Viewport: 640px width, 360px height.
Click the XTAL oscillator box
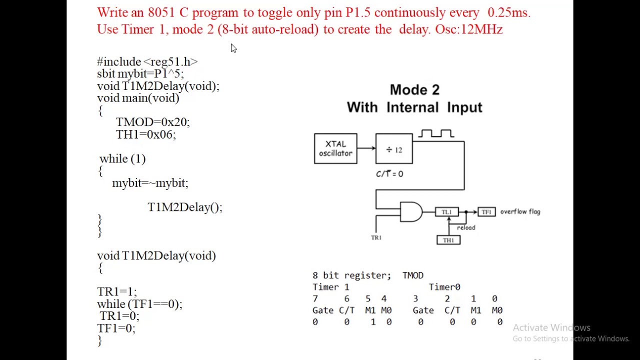[x=335, y=148]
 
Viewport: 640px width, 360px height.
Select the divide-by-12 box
[x=394, y=149]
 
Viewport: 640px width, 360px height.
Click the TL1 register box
[x=446, y=212]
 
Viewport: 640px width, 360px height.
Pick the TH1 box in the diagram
[x=448, y=240]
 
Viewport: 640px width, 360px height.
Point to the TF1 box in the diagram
[x=486, y=212]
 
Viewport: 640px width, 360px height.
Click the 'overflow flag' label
[x=520, y=211]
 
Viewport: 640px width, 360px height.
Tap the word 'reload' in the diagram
[x=466, y=227]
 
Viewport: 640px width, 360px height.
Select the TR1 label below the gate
[x=376, y=237]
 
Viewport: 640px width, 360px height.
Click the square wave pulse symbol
[x=436, y=133]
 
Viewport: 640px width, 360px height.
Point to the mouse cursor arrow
[x=233, y=48]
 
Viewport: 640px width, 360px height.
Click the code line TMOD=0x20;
[x=152, y=122]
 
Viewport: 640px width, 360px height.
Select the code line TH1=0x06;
[x=145, y=134]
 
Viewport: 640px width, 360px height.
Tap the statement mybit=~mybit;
[x=150, y=183]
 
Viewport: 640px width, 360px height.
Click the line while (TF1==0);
[x=139, y=304]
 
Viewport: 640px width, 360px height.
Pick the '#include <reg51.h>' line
[x=147, y=61]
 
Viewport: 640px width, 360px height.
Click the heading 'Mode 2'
[x=414, y=90]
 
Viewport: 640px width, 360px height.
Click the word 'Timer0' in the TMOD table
[x=444, y=287]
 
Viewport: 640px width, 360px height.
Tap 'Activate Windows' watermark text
[x=551, y=327]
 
